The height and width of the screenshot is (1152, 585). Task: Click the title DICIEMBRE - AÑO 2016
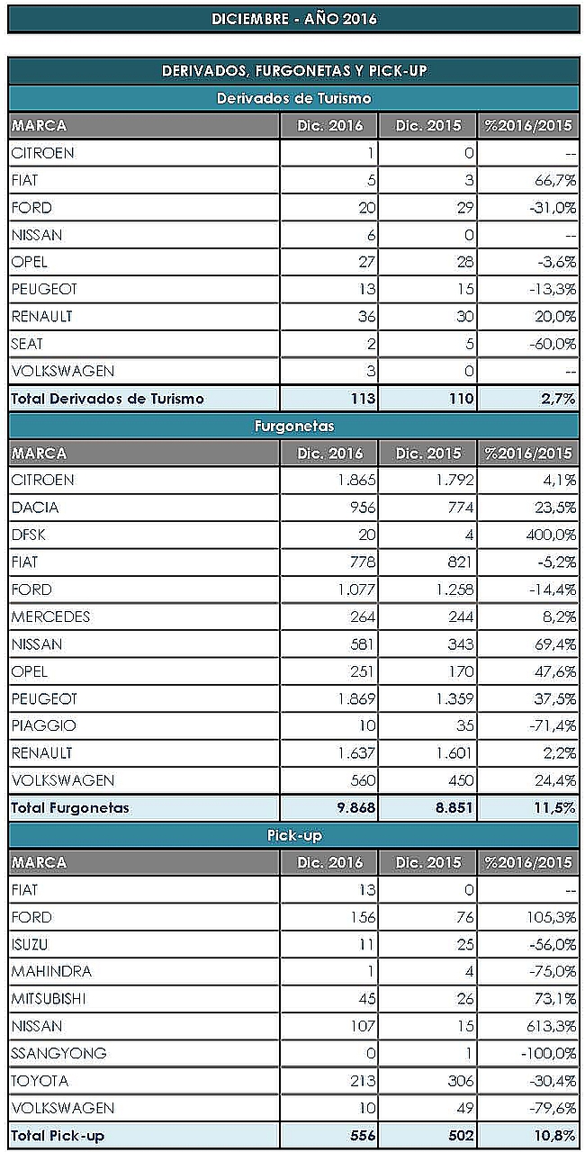pos(293,19)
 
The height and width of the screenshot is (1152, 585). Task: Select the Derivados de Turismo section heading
pos(293,98)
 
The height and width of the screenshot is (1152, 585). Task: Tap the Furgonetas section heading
pos(293,426)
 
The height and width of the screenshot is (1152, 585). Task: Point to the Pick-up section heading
pos(293,835)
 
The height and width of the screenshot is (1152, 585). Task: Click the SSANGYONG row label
pos(59,1053)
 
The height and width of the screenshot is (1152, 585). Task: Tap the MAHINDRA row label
pos(51,971)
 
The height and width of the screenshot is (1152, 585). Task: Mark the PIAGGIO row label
pos(44,725)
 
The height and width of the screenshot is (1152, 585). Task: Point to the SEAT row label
pos(27,344)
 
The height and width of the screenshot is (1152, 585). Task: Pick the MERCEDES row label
pos(51,616)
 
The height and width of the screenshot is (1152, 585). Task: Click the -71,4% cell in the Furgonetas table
pos(551,725)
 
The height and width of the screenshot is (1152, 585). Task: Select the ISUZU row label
pos(31,944)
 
